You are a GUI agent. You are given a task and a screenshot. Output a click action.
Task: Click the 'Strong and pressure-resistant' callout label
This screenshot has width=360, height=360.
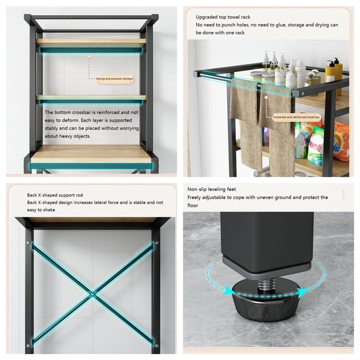[114, 79]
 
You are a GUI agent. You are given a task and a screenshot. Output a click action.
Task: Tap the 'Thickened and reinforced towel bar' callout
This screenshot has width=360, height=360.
[296, 117]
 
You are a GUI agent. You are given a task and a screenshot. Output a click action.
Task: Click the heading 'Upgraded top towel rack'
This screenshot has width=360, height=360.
[223, 17]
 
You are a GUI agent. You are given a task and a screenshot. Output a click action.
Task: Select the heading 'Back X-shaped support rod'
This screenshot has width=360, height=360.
[55, 195]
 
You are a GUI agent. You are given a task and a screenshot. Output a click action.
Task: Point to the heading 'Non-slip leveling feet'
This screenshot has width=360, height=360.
[211, 189]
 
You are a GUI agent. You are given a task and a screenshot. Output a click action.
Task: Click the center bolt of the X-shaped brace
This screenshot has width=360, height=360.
[92, 294]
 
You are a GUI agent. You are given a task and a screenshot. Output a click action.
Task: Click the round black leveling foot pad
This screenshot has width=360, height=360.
[266, 303]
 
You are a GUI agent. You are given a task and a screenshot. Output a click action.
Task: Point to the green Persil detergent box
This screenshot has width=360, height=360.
[315, 146]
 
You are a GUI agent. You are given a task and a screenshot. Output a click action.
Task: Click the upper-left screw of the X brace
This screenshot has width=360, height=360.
[28, 243]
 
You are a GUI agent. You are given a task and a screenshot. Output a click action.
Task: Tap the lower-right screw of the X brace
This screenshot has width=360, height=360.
[157, 346]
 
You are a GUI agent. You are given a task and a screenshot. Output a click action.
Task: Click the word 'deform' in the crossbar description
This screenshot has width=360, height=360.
[71, 120]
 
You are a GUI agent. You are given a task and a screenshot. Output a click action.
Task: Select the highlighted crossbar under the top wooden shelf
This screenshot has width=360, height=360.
[91, 50]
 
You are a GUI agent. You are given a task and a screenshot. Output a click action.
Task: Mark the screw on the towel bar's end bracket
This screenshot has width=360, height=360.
[303, 94]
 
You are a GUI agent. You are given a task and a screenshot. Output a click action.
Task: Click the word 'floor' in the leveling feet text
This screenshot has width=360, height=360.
[193, 205]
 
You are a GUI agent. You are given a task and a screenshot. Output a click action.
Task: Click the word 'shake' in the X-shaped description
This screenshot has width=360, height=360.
[49, 210]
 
